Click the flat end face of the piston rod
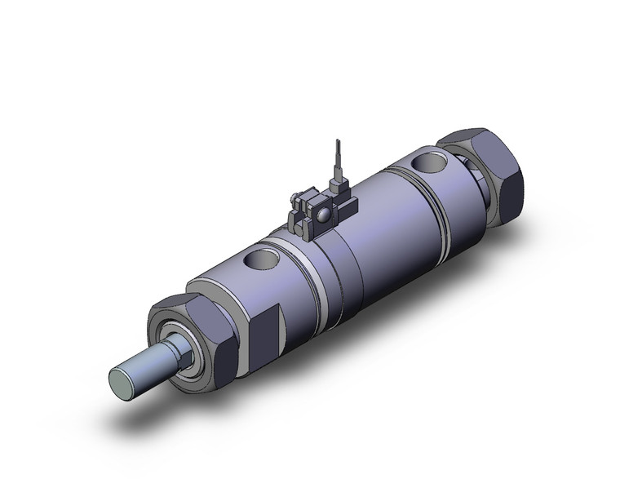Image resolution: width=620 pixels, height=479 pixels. tap(122, 381)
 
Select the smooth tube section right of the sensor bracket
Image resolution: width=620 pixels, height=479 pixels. tap(383, 220)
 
